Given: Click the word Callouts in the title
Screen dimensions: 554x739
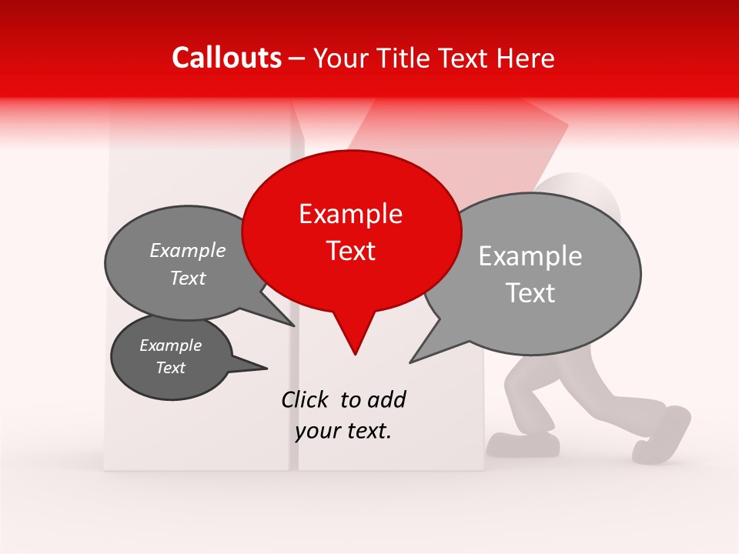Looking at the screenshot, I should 226,58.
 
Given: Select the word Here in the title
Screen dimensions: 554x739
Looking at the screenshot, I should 527,58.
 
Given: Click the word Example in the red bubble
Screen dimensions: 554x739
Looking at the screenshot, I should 350,214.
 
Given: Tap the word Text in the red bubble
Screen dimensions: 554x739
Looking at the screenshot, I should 350,251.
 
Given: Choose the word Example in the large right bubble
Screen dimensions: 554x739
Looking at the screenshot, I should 530,256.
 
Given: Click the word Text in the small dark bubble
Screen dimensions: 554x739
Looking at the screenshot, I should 170,368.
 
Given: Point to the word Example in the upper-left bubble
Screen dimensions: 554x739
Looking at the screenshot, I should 188,250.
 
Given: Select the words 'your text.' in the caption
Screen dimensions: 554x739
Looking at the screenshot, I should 343,432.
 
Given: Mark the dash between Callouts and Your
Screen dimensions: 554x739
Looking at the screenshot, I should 297,58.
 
